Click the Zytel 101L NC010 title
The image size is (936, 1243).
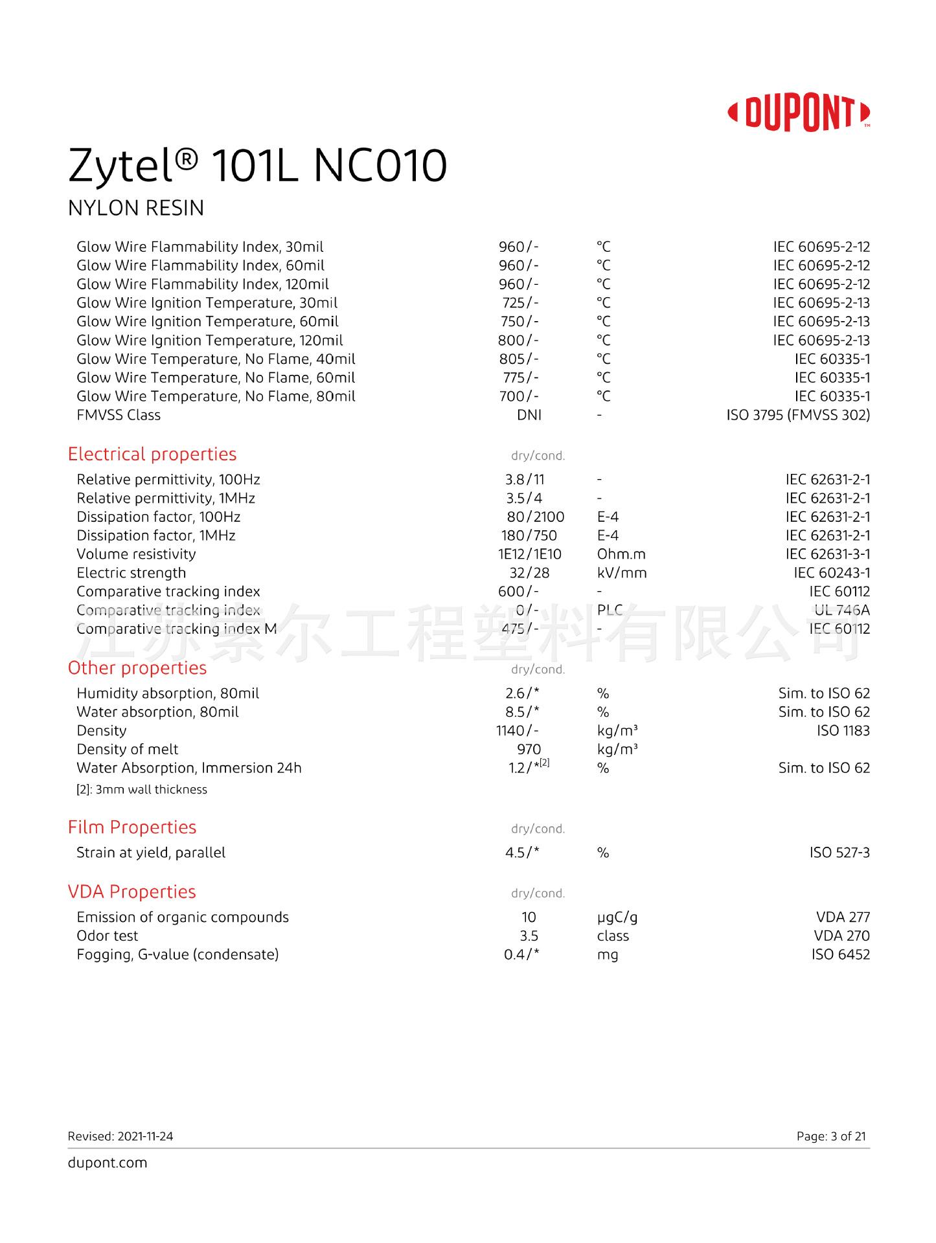tap(257, 166)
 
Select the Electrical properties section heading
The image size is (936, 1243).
tap(152, 454)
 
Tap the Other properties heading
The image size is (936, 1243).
tap(137, 668)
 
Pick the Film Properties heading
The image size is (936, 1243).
tap(132, 827)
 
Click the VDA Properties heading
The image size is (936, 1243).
tap(132, 892)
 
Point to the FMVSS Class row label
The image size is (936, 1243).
tap(119, 415)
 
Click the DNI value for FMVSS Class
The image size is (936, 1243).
tap(529, 415)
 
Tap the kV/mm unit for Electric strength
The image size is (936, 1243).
tap(622, 573)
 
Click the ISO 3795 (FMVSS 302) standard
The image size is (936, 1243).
tap(798, 415)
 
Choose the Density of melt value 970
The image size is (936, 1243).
tap(529, 750)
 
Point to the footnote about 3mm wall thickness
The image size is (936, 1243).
tap(142, 790)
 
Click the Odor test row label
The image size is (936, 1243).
tap(108, 936)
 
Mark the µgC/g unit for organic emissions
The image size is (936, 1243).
tap(617, 917)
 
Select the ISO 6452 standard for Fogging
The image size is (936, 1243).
tap(840, 955)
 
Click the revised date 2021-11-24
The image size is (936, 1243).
tap(145, 1136)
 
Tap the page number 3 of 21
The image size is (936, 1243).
tap(831, 1136)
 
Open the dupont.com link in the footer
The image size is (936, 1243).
tap(108, 1163)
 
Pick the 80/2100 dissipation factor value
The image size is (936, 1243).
tap(536, 517)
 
